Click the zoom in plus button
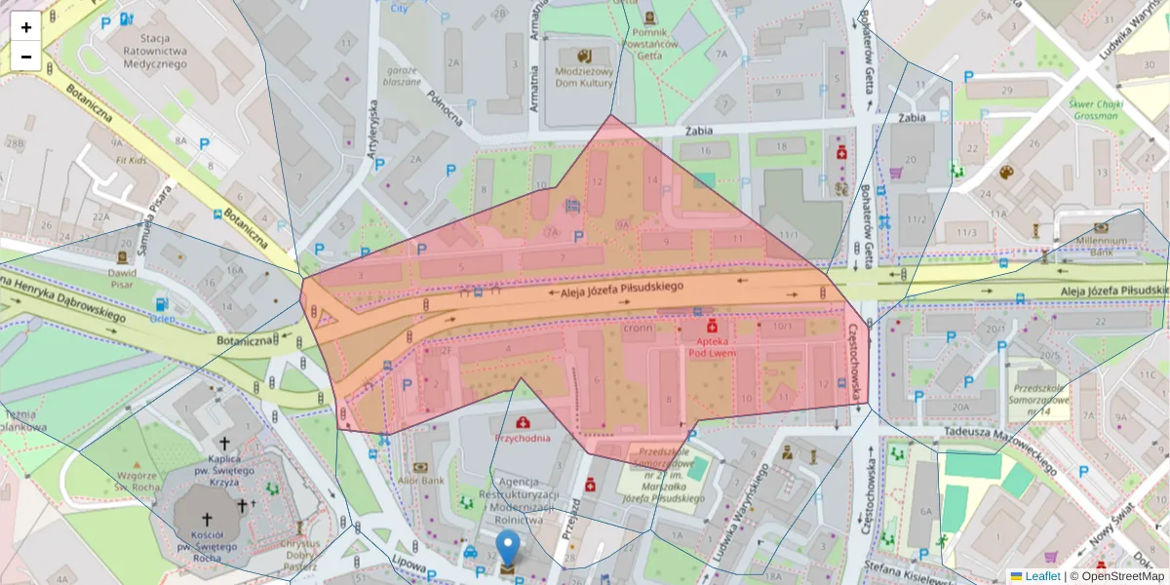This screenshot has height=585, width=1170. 26,26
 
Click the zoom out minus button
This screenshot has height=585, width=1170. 26,56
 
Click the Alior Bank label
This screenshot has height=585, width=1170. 420,481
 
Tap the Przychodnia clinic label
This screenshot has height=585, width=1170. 524,438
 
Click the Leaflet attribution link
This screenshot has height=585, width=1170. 1041,576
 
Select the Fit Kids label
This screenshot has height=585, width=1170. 131,159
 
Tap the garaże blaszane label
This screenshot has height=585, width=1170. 402,76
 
